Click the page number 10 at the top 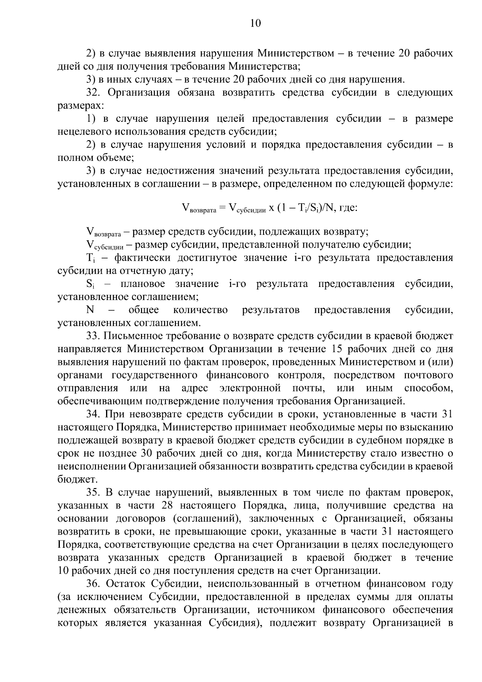(255, 23)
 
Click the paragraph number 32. (93, 93)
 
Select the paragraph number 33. (93, 336)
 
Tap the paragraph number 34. (93, 414)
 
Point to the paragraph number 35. (93, 492)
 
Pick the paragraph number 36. (93, 584)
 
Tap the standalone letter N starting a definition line (90, 310)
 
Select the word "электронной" (250, 388)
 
